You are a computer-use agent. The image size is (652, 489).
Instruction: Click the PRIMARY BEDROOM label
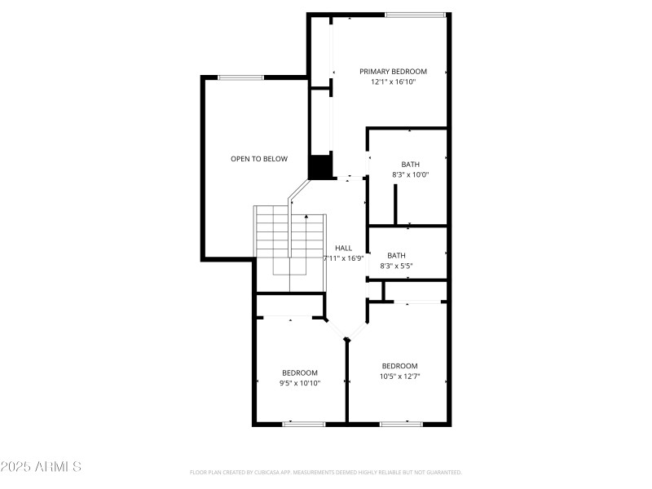pos(393,72)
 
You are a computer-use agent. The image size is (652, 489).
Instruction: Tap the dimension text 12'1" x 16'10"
pos(393,82)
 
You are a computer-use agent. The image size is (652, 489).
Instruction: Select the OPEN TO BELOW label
pos(258,159)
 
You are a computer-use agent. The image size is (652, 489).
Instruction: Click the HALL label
pos(343,248)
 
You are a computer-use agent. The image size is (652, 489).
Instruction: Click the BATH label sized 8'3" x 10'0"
pos(410,164)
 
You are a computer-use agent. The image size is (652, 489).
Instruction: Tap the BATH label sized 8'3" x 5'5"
pos(396,255)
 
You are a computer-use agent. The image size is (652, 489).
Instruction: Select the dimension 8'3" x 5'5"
pos(397,266)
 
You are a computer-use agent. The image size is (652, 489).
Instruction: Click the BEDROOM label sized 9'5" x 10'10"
pos(300,372)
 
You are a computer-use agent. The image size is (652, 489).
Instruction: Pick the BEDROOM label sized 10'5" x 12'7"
pos(399,366)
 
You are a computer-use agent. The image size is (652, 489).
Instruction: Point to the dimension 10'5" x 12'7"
pos(399,377)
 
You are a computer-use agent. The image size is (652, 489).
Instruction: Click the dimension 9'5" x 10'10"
pos(300,383)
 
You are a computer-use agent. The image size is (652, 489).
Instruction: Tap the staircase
pos(291,244)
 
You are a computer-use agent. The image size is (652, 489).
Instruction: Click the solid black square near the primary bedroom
pos(320,166)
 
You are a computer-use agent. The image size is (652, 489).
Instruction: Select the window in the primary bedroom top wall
pos(415,15)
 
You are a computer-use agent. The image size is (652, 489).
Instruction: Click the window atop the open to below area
pos(240,77)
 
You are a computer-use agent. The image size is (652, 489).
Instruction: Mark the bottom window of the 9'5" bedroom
pos(304,424)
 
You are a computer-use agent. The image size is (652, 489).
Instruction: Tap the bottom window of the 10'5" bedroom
pos(401,424)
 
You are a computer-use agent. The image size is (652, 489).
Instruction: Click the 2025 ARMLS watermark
pos(41,467)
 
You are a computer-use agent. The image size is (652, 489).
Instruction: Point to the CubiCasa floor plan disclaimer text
pos(326,472)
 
